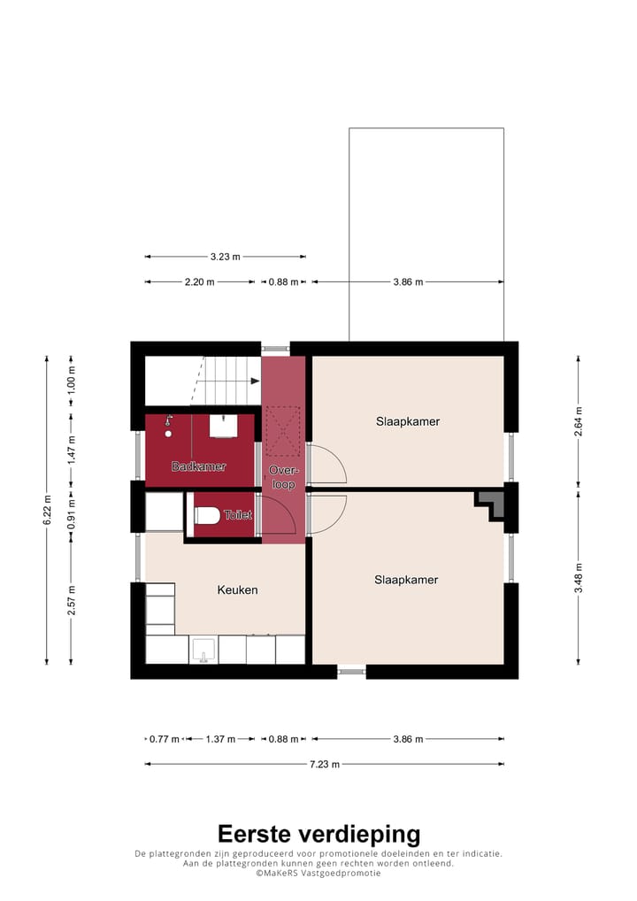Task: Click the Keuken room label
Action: tap(237, 589)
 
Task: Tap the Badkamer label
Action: tap(199, 466)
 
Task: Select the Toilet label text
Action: tap(238, 514)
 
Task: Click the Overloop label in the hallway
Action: tap(283, 478)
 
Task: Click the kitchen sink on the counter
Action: tap(203, 651)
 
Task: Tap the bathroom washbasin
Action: tap(222, 427)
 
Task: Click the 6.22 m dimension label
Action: tap(47, 510)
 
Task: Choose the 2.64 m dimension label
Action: tap(579, 421)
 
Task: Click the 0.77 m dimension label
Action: tap(164, 739)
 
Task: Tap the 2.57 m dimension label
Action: tap(72, 601)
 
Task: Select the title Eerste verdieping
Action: tap(318, 834)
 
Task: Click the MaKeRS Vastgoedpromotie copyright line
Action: tap(318, 873)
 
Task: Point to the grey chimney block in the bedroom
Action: tap(492, 503)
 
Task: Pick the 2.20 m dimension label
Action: tap(200, 281)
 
